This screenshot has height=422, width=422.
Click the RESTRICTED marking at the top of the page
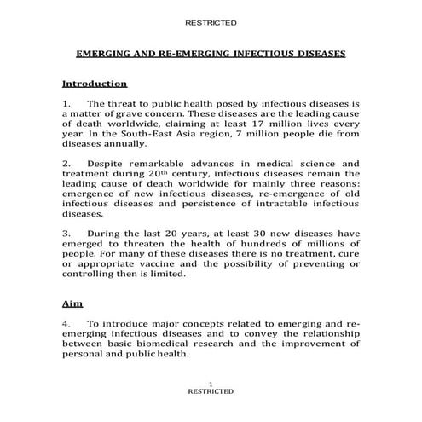coord(211,22)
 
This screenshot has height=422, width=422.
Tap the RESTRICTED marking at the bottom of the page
coord(211,391)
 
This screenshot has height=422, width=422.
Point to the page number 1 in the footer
coord(211,384)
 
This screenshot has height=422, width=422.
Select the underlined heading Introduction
coord(95,84)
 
